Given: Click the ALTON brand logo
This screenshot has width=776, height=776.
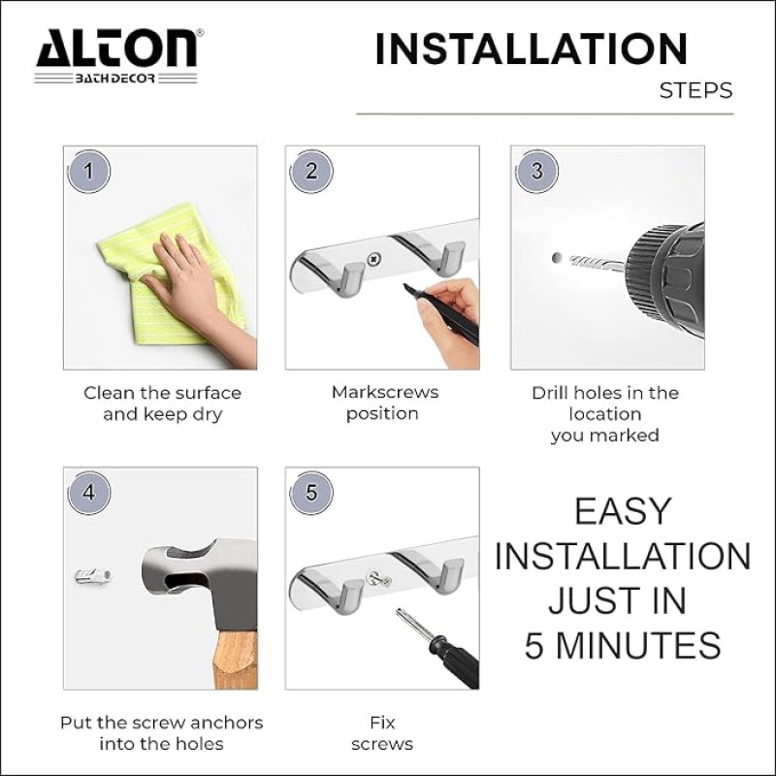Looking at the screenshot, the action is [x=116, y=56].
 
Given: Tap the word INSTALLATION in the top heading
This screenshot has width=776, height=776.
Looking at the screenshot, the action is [x=532, y=48].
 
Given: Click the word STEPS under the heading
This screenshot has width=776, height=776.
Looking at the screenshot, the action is [x=695, y=91].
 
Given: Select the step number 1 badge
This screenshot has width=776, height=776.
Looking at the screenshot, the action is [x=88, y=172].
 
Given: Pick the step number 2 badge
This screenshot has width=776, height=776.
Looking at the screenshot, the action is [x=311, y=172].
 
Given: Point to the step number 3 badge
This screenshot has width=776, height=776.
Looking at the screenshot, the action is [x=537, y=172].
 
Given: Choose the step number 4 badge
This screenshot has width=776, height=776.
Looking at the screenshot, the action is [x=88, y=493].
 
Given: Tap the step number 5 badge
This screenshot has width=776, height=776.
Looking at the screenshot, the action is [x=311, y=493].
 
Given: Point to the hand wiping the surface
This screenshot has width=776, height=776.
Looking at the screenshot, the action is [x=193, y=292].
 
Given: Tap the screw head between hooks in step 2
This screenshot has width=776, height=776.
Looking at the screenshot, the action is [x=373, y=258].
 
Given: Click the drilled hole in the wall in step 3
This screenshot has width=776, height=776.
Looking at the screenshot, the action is [x=557, y=258].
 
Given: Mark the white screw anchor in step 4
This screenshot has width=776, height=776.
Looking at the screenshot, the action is [x=93, y=576].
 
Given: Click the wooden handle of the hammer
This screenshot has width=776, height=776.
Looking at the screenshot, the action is [x=236, y=660].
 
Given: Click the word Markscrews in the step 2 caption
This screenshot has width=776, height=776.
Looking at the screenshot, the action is [x=385, y=393].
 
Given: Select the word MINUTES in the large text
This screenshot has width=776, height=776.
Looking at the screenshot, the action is [x=638, y=645].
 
